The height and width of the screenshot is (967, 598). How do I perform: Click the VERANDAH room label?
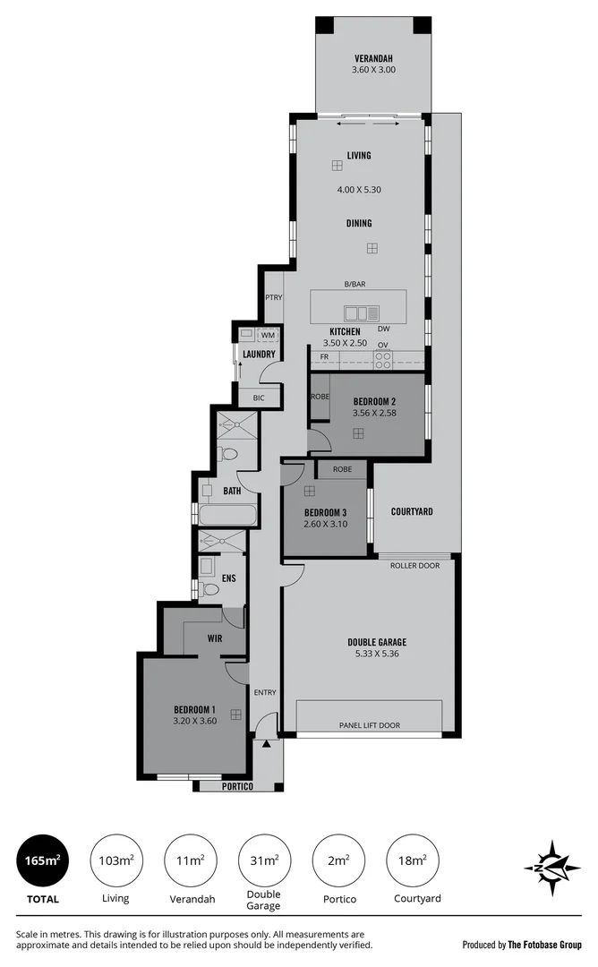pyautogui.click(x=374, y=56)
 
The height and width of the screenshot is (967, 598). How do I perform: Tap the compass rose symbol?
pyautogui.click(x=551, y=868)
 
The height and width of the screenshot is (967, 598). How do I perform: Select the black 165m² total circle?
pyautogui.click(x=42, y=861)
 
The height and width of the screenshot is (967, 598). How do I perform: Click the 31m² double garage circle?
pyautogui.click(x=264, y=861)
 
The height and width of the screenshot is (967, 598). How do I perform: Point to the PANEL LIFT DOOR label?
pyautogui.click(x=369, y=725)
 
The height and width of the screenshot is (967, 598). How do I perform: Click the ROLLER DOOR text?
pyautogui.click(x=414, y=565)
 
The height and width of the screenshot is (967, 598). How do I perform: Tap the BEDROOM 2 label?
pyautogui.click(x=374, y=400)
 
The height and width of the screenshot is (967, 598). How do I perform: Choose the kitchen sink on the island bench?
pyautogui.click(x=362, y=313)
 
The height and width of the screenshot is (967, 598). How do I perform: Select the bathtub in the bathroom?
pyautogui.click(x=228, y=516)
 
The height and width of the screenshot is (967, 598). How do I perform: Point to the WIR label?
pyautogui.click(x=215, y=639)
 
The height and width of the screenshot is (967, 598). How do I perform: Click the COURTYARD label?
pyautogui.click(x=412, y=512)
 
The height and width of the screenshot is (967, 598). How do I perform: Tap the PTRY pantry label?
pyautogui.click(x=273, y=298)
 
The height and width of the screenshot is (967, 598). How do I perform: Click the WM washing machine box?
pyautogui.click(x=267, y=335)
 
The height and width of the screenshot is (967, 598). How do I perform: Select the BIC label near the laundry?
pyautogui.click(x=260, y=397)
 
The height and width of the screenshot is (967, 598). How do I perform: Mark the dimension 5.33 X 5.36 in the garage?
pyautogui.click(x=377, y=655)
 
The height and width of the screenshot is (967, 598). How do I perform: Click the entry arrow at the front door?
pyautogui.click(x=267, y=743)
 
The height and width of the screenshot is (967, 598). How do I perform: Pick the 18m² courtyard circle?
pyautogui.click(x=412, y=861)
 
